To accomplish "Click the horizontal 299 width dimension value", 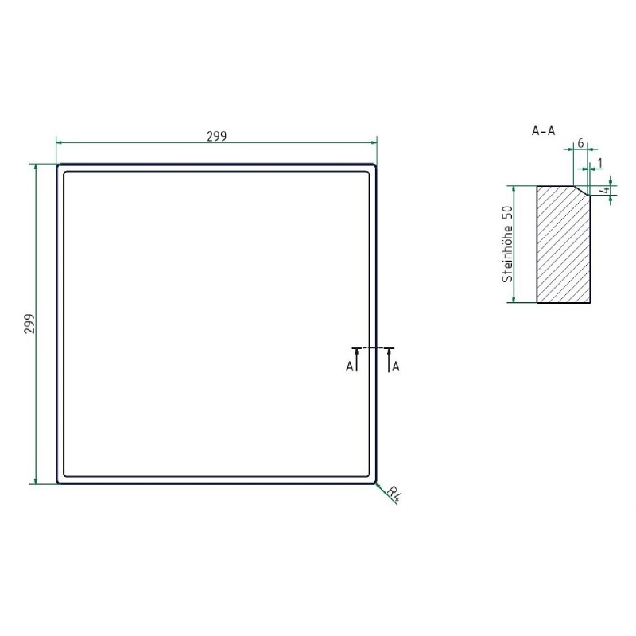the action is tap(216, 136).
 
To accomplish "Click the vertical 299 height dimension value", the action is tap(29, 324).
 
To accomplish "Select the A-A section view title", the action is tap(543, 130).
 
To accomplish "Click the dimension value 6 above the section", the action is tap(580, 143).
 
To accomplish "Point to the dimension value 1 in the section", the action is tap(600, 163).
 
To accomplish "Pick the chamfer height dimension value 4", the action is tap(605, 190).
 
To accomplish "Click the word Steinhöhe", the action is tap(507, 254).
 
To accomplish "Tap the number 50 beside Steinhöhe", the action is tap(507, 213).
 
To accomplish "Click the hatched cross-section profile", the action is tap(564, 245).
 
